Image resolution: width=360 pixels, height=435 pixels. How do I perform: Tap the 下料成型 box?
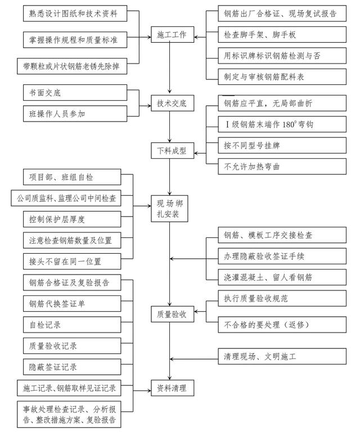172,151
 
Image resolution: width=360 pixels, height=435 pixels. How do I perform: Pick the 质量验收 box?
172,315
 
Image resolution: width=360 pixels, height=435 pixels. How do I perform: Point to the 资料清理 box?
172,388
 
